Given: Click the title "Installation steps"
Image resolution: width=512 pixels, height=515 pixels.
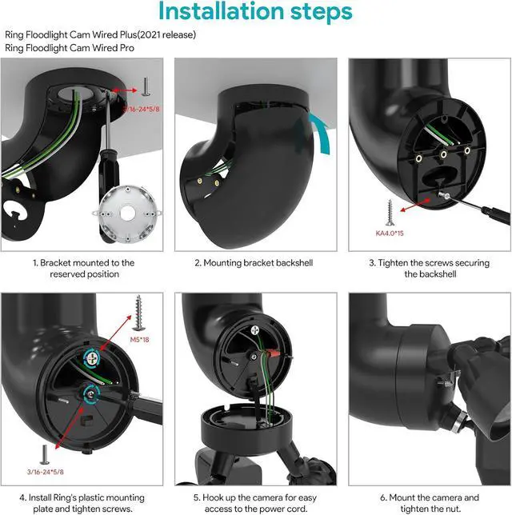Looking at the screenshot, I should pos(256,13).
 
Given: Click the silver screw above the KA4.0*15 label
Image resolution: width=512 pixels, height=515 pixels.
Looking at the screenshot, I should pos(390,213).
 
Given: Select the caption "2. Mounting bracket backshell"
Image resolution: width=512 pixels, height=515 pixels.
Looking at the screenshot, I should pos(254,262).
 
